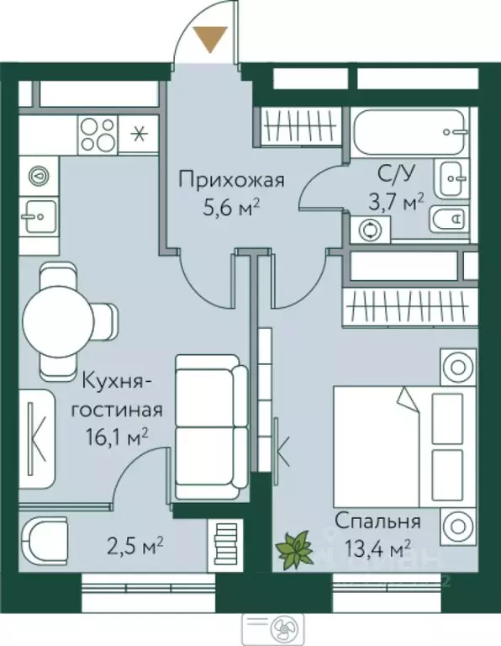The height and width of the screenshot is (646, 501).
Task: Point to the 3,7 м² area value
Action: point(395,204)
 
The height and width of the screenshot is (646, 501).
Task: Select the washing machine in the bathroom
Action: point(370,229)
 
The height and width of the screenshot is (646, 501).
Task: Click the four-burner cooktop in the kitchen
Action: point(98,132)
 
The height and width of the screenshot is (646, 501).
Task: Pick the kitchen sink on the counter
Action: point(37,216)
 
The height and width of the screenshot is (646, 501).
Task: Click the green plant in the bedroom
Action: point(294,550)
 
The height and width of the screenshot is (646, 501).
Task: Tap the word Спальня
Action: point(377,520)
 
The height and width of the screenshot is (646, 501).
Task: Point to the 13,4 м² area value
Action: point(377,547)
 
